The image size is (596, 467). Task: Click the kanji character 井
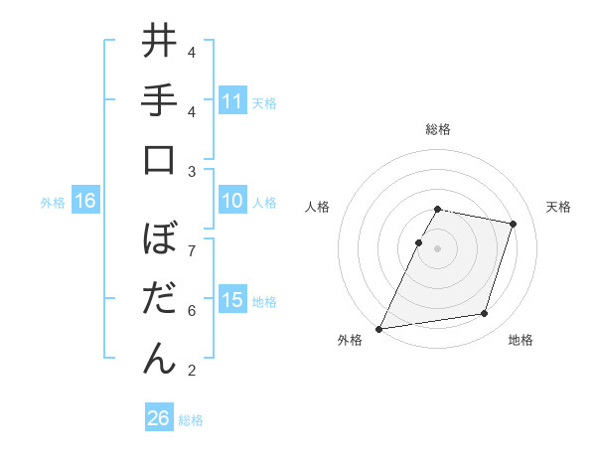click(x=159, y=42)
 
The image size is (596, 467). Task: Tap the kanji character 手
click(x=159, y=100)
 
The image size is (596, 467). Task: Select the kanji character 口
click(x=159, y=160)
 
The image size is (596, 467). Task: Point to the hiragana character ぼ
click(x=159, y=239)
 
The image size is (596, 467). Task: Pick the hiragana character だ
click(x=159, y=298)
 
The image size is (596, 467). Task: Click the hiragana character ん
click(x=159, y=358)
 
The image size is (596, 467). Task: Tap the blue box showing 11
click(x=232, y=101)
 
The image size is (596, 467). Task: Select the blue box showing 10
click(x=232, y=202)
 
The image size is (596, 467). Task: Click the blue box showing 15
click(x=232, y=301)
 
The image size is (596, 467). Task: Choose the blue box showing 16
click(x=85, y=202)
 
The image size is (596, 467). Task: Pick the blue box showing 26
click(x=159, y=418)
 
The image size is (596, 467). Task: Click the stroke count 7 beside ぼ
click(x=191, y=249)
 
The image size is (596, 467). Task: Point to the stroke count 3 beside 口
click(x=191, y=172)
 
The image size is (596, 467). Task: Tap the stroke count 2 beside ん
click(x=191, y=371)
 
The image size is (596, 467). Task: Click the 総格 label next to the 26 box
click(x=191, y=420)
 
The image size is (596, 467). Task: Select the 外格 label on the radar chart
click(x=350, y=340)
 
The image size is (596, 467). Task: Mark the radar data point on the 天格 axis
click(x=514, y=225)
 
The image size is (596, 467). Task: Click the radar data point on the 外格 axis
click(x=379, y=328)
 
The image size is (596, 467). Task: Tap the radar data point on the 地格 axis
click(x=485, y=314)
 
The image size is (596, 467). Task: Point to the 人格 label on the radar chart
click(x=317, y=207)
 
